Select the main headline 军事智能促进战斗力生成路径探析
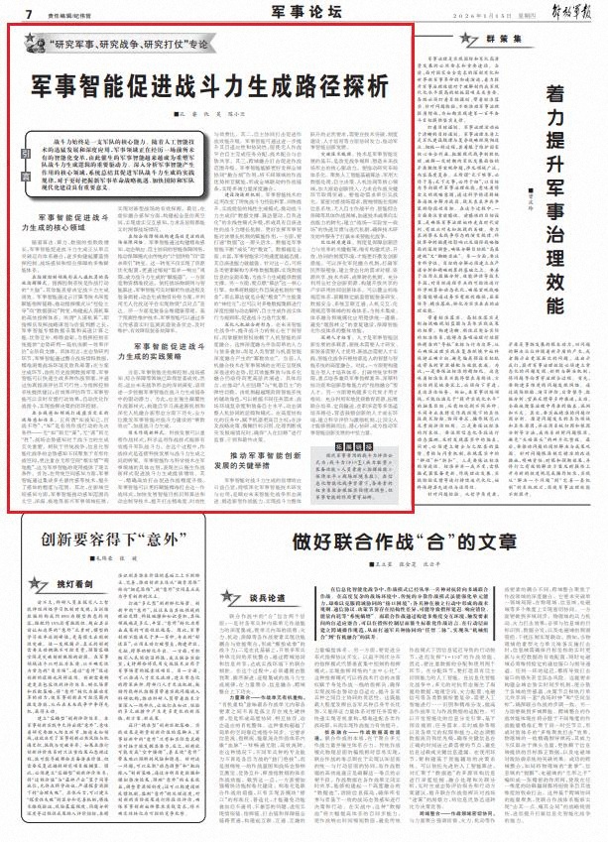[x=208, y=83]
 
